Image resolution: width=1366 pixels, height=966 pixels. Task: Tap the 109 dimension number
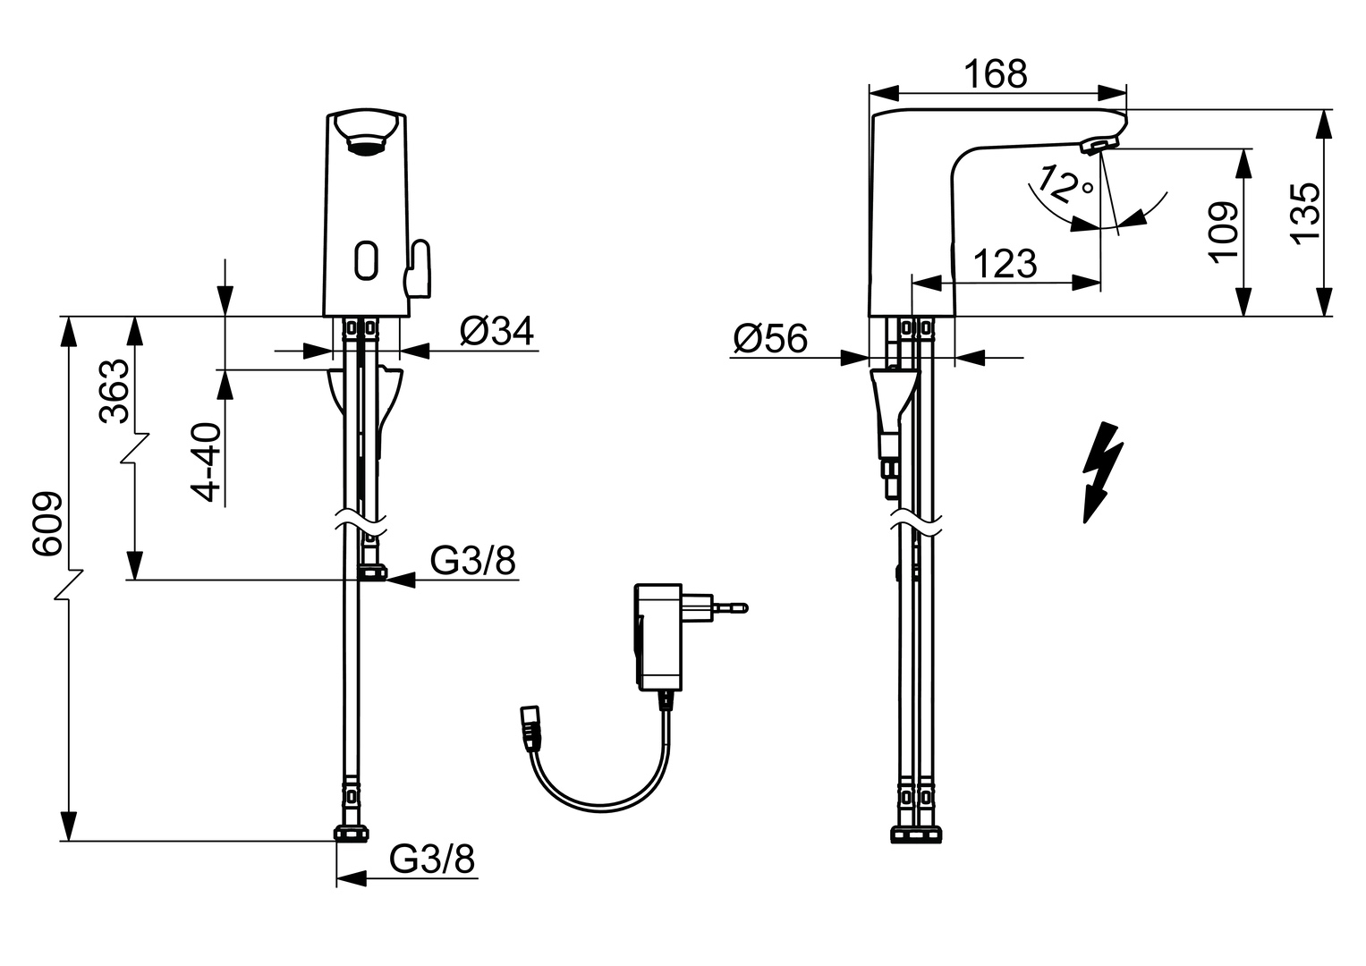[x=1223, y=231]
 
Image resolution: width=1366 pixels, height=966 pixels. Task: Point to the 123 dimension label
[x=1004, y=264]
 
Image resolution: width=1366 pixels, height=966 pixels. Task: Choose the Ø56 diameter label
[x=769, y=338]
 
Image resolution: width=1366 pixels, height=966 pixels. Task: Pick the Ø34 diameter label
[x=496, y=331]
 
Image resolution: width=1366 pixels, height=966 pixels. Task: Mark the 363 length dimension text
[x=114, y=391]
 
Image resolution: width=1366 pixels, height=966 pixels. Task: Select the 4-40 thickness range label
[x=207, y=462]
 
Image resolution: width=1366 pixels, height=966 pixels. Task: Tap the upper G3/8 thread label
[x=472, y=561]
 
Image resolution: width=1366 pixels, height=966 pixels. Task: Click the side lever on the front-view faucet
[x=418, y=268]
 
